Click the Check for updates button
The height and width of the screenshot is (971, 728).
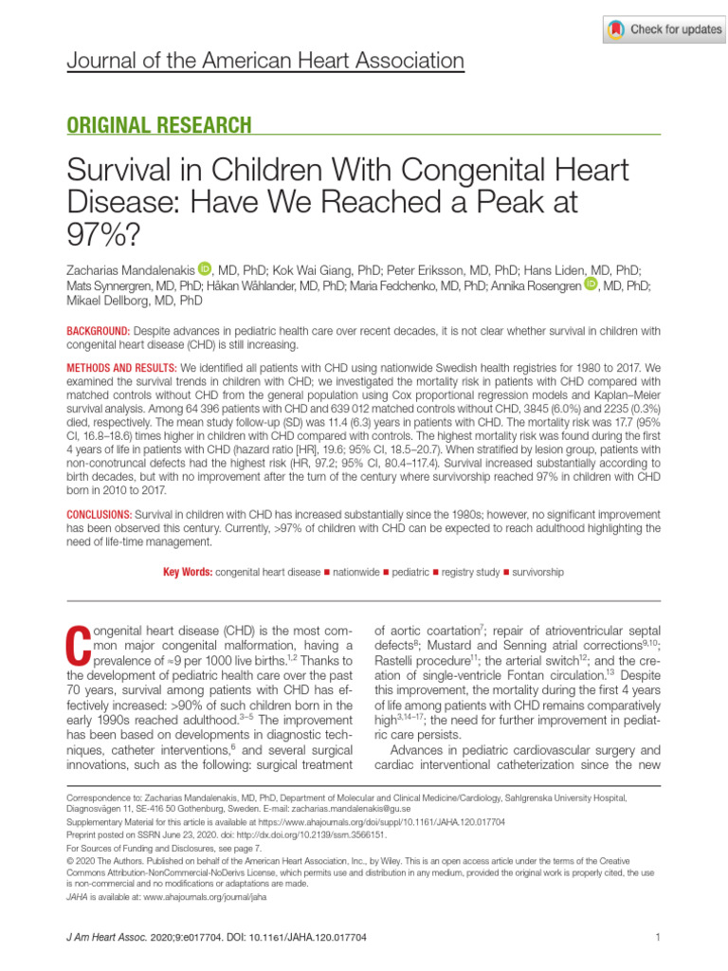[x=664, y=29]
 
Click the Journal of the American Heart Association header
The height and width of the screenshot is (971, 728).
[x=265, y=63]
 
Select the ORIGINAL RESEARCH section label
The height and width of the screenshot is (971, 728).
[x=158, y=125]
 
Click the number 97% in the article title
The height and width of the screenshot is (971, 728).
[x=98, y=233]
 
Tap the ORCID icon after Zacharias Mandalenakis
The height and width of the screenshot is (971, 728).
[x=206, y=269]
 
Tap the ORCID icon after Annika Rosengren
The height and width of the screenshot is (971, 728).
[x=591, y=284]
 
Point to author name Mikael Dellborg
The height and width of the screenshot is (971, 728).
[x=107, y=301]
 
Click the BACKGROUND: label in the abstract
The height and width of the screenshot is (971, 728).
[x=98, y=330]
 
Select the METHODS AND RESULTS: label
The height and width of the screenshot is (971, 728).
[x=120, y=367]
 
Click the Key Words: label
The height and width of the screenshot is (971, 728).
[x=187, y=573]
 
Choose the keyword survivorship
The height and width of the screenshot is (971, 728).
[x=537, y=573]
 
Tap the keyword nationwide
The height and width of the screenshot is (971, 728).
[x=355, y=573]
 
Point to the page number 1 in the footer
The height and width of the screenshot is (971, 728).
[x=657, y=938]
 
